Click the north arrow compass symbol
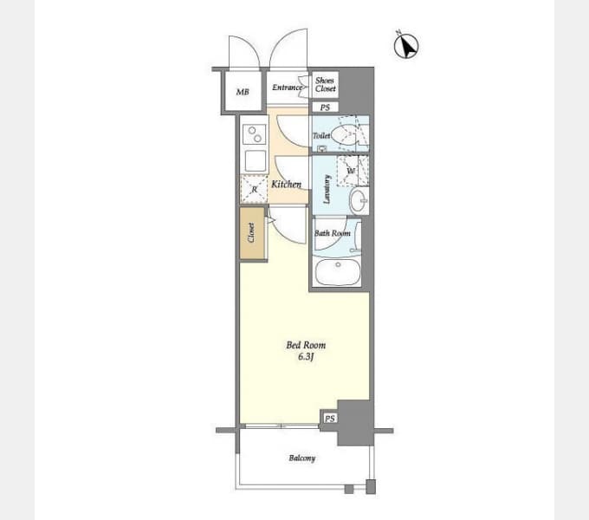[406, 46]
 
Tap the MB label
[243, 92]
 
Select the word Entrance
[287, 88]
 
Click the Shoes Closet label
[326, 85]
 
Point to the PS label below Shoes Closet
[326, 107]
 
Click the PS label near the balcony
[330, 419]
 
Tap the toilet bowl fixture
[346, 135]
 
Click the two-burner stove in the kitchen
[255, 134]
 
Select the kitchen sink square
[256, 161]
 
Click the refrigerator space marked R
[254, 189]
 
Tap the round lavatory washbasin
[359, 200]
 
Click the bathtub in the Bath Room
[338, 272]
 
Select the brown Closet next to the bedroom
[252, 233]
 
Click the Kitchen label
[286, 184]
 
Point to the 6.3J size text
[306, 356]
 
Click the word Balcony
[302, 458]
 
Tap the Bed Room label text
[306, 345]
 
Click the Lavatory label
[327, 189]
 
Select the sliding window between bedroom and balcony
[281, 426]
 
